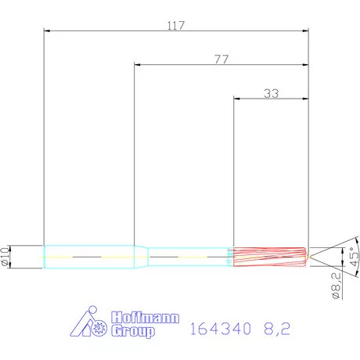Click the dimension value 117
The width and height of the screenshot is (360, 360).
click(x=176, y=25)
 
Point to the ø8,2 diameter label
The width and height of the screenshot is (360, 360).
click(x=335, y=286)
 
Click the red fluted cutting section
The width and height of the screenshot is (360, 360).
click(x=270, y=256)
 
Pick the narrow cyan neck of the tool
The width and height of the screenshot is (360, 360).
click(x=188, y=256)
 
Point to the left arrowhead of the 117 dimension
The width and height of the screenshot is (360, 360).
click(x=47, y=31)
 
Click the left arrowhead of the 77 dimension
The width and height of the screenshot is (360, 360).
click(x=138, y=65)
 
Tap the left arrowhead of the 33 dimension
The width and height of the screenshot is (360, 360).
click(x=238, y=99)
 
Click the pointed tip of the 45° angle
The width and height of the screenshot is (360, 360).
click(x=311, y=256)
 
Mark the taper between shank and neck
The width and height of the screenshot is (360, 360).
click(x=142, y=256)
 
